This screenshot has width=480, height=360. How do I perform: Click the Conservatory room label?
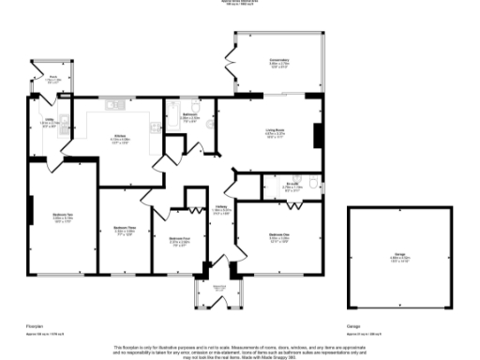pos(279,63)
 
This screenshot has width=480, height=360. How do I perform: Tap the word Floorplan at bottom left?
pos(36,325)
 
